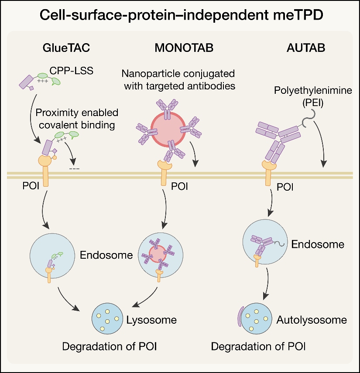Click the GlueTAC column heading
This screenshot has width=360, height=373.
tap(61, 48)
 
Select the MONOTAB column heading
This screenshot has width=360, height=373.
tap(184, 48)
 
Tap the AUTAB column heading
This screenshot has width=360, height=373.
tap(306, 48)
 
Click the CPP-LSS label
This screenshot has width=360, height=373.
tap(77, 70)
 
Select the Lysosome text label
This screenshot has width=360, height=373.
tap(151, 320)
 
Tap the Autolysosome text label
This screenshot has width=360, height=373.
tap(312, 320)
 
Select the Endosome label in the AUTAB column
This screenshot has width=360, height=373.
tap(318, 244)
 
